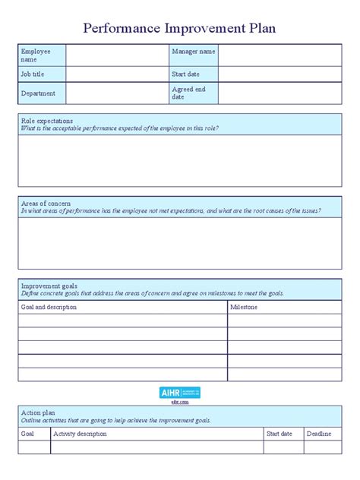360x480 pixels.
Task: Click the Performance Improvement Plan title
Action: coord(179,29)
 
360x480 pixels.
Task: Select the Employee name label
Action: coord(35,55)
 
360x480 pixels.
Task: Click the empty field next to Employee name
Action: coord(117,55)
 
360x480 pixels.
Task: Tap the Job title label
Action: coord(34,74)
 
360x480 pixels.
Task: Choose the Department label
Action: coord(39,93)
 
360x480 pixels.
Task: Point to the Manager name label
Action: coord(194,52)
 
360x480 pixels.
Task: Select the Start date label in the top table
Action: coord(186,74)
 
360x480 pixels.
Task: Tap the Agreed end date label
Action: coord(189,93)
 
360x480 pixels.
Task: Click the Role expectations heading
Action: coord(47,121)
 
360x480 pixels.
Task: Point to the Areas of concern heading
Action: coord(46,204)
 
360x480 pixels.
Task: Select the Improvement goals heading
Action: coord(49,286)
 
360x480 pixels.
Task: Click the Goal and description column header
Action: coord(49,307)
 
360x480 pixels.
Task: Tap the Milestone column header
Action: coord(244,307)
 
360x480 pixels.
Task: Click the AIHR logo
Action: coord(180,393)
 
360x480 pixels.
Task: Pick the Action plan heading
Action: coord(38,412)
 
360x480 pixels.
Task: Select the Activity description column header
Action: coord(81,434)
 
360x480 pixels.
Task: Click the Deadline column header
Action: coord(319,434)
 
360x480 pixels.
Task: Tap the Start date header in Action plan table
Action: coord(279,434)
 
